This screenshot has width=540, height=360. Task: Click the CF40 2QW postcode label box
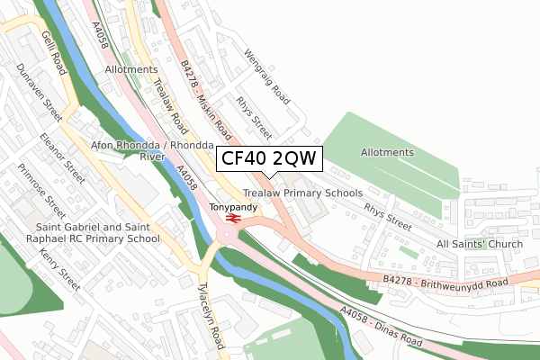[x=267, y=159]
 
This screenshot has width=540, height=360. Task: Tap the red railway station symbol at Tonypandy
[x=231, y=219]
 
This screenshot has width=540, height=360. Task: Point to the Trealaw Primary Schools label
[x=302, y=193]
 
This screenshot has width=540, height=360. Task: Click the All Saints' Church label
[x=480, y=245]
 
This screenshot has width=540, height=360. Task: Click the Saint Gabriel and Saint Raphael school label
[x=85, y=233]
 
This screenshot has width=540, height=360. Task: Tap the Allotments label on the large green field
[x=387, y=153]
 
